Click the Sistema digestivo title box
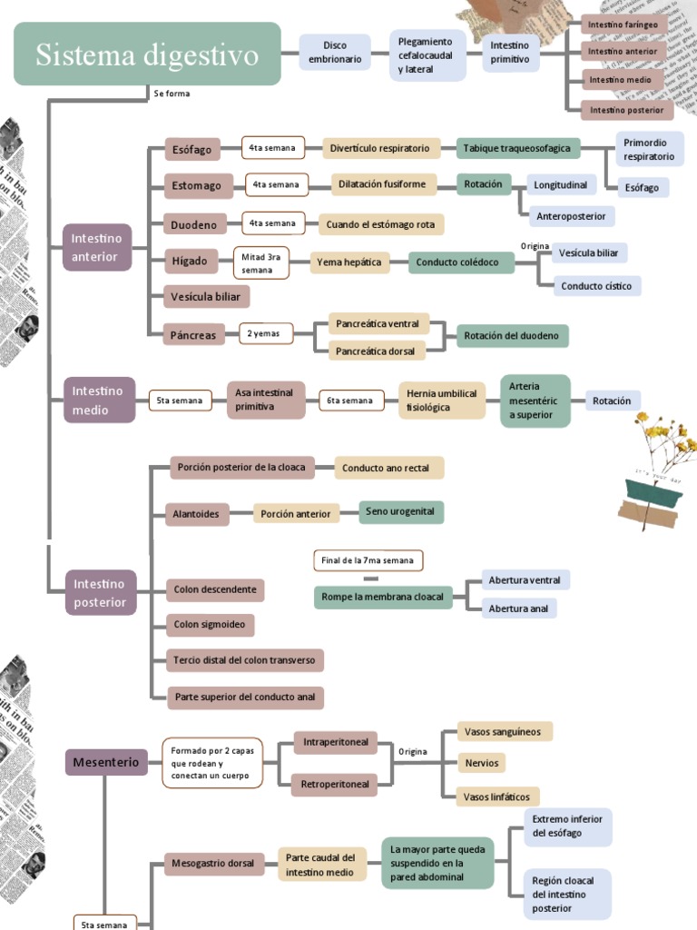point(147,54)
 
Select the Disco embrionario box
point(335,53)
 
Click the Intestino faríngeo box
point(623,25)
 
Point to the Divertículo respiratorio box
point(380,148)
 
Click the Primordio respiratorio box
point(649,150)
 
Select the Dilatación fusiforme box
point(383,184)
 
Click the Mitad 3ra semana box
point(262,263)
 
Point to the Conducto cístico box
point(596,286)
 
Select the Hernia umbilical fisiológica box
point(441,401)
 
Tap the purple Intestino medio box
point(99,401)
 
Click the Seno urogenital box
point(400,512)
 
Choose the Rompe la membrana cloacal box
point(383,597)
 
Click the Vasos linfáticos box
point(496,796)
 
